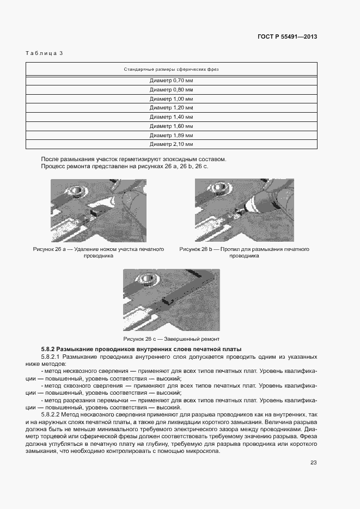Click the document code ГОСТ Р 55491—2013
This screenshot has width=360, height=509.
pos(287,37)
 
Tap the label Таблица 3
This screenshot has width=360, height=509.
pos(45,53)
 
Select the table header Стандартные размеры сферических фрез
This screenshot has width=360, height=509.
pos(172,70)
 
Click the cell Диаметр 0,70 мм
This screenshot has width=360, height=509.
pos(172,80)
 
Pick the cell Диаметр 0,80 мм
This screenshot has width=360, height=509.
pos(172,89)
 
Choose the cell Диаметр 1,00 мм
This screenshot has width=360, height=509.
pos(172,99)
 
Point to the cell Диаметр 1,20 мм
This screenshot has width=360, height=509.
pos(172,108)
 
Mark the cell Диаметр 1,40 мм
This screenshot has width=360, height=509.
pos(172,117)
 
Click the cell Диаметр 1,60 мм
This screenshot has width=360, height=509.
pos(172,126)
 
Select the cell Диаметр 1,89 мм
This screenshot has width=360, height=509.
pos(172,135)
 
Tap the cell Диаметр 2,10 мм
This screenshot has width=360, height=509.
pos(172,144)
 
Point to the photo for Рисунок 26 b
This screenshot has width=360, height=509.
pos(244,210)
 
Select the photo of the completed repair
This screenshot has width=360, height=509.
pos(172,299)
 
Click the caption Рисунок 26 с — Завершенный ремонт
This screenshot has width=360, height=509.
pos(172,339)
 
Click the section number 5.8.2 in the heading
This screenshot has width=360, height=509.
pos(48,348)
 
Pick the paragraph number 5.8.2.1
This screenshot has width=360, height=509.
pos(51,357)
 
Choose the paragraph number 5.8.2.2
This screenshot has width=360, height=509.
pos(51,415)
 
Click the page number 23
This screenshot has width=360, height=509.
pos(313,463)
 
